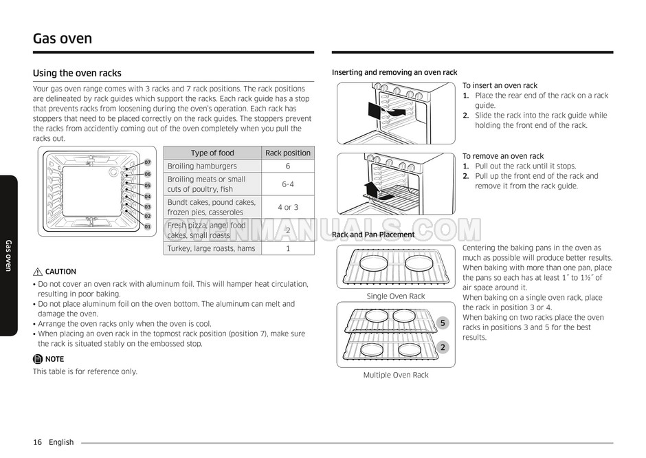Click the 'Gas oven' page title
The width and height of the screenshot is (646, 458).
pyautogui.click(x=63, y=38)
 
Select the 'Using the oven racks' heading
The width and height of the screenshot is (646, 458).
pyautogui.click(x=77, y=73)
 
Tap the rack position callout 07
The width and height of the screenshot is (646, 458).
pyautogui.click(x=147, y=162)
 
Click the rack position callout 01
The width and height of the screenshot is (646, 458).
pyautogui.click(x=147, y=226)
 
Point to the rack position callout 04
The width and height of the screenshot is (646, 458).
pyautogui.click(x=147, y=196)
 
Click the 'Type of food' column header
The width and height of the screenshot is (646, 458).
pyautogui.click(x=212, y=153)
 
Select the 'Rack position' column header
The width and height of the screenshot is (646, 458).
pyautogui.click(x=288, y=153)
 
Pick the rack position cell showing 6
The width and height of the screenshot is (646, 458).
pyautogui.click(x=288, y=166)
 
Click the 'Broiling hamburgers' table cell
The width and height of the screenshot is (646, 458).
pyautogui.click(x=202, y=166)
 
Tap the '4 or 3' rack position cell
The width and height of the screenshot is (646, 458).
pyautogui.click(x=288, y=207)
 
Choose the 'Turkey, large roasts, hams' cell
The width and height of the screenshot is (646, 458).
pyautogui.click(x=211, y=249)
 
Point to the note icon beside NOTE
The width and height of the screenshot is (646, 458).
pyautogui.click(x=38, y=359)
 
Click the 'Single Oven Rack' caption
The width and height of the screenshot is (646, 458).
pyautogui.click(x=396, y=296)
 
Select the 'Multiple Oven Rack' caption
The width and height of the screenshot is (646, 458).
pyautogui.click(x=396, y=375)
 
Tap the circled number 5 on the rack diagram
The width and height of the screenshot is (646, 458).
pyautogui.click(x=443, y=323)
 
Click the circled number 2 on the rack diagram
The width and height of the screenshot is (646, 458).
pyautogui.click(x=443, y=347)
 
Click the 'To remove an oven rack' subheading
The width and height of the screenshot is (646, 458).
pyautogui.click(x=503, y=156)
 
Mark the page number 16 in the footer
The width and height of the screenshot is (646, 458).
pyautogui.click(x=37, y=442)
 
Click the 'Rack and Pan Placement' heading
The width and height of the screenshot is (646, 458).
pyautogui.click(x=373, y=235)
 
